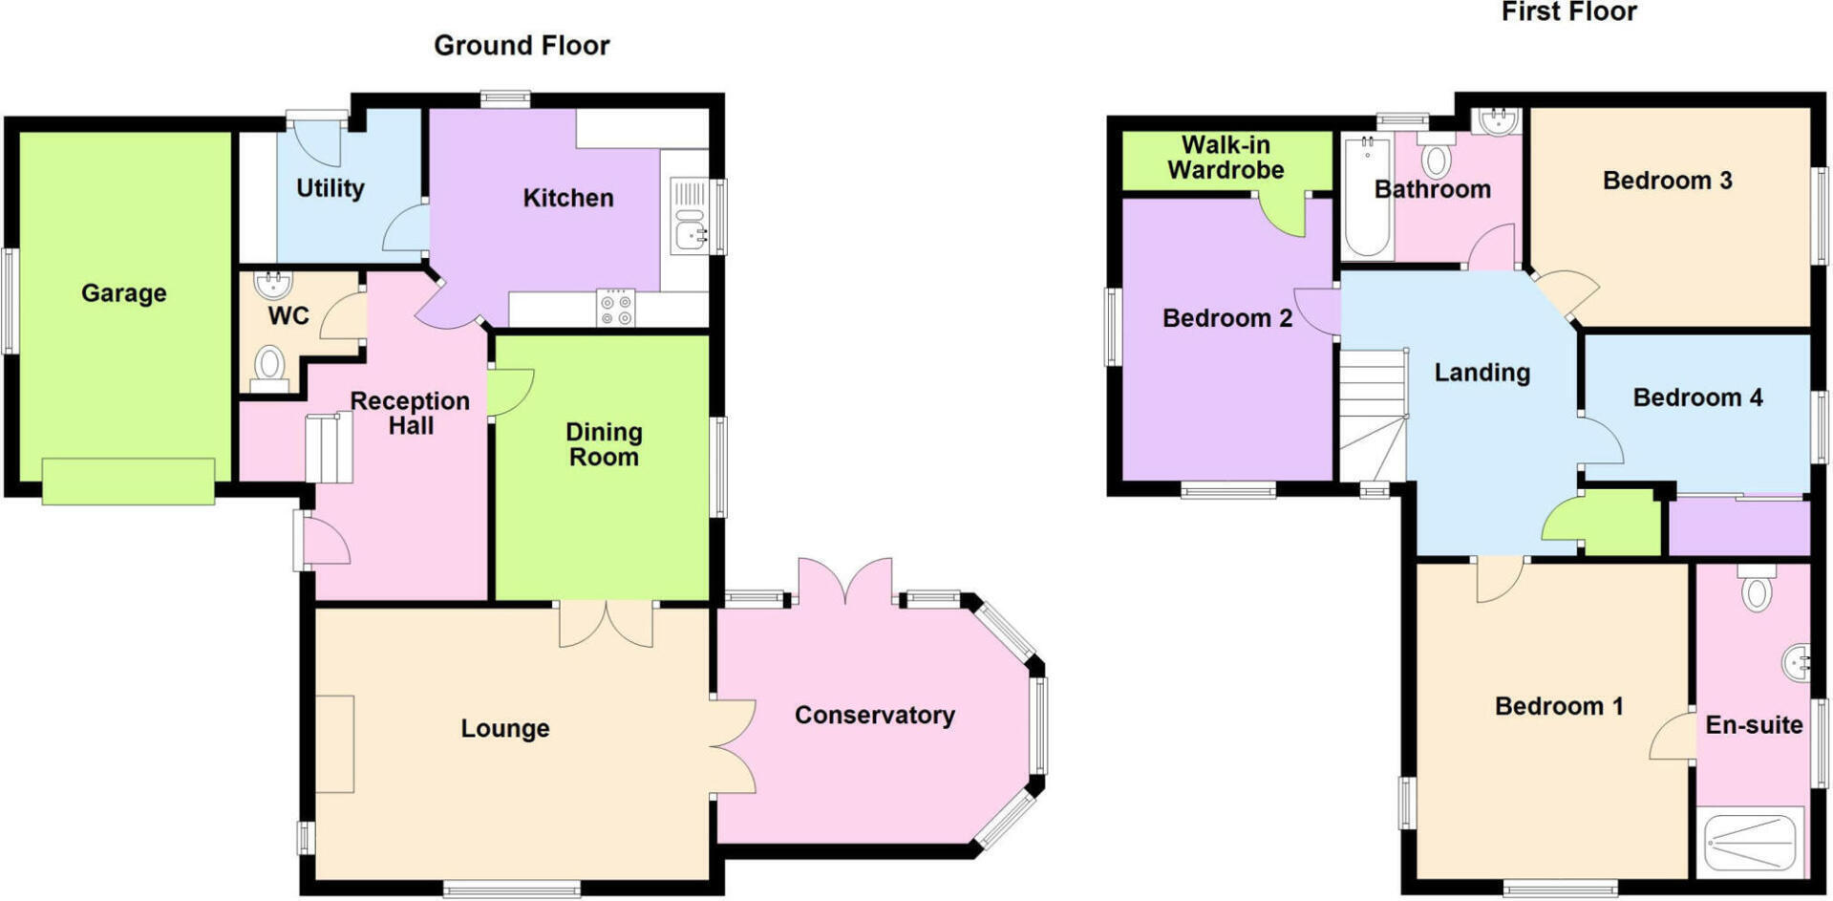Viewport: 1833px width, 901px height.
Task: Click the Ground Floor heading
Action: coord(522,45)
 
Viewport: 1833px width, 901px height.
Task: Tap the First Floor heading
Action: coord(1568,12)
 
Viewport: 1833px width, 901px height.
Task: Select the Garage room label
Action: coord(124,293)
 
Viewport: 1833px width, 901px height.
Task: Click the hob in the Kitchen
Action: coord(615,308)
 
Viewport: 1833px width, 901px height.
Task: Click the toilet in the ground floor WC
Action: coord(270,369)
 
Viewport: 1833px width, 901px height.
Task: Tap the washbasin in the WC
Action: coord(274,284)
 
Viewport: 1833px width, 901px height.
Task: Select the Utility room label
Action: coord(330,188)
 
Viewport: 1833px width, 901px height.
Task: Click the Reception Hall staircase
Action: coord(330,448)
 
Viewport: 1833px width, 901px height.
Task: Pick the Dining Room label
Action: coord(604,444)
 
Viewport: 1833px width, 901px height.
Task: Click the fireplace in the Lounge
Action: coord(334,743)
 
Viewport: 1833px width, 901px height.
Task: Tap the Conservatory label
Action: coord(875,715)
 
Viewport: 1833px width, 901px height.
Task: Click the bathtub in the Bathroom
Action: coord(1367,198)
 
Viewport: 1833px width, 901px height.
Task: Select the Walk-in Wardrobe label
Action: coord(1226,158)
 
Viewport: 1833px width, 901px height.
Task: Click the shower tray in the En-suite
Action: coord(1751,842)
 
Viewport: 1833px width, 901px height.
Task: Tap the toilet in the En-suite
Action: coord(1756,588)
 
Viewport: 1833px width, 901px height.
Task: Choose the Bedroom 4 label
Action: coord(1697,397)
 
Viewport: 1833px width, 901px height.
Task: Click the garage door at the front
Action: coord(128,481)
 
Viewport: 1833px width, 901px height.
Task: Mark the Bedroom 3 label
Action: coord(1667,181)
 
